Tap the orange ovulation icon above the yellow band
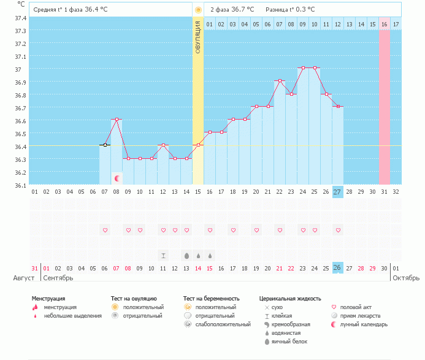198,10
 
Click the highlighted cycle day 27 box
338,192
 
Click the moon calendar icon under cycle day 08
117,178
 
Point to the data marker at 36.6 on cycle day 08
117,120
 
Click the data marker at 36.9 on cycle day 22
280,81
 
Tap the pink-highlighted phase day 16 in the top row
384,24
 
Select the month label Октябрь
407,278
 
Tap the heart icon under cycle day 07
105,230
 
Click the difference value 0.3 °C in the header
303,10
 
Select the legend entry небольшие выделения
73,315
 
